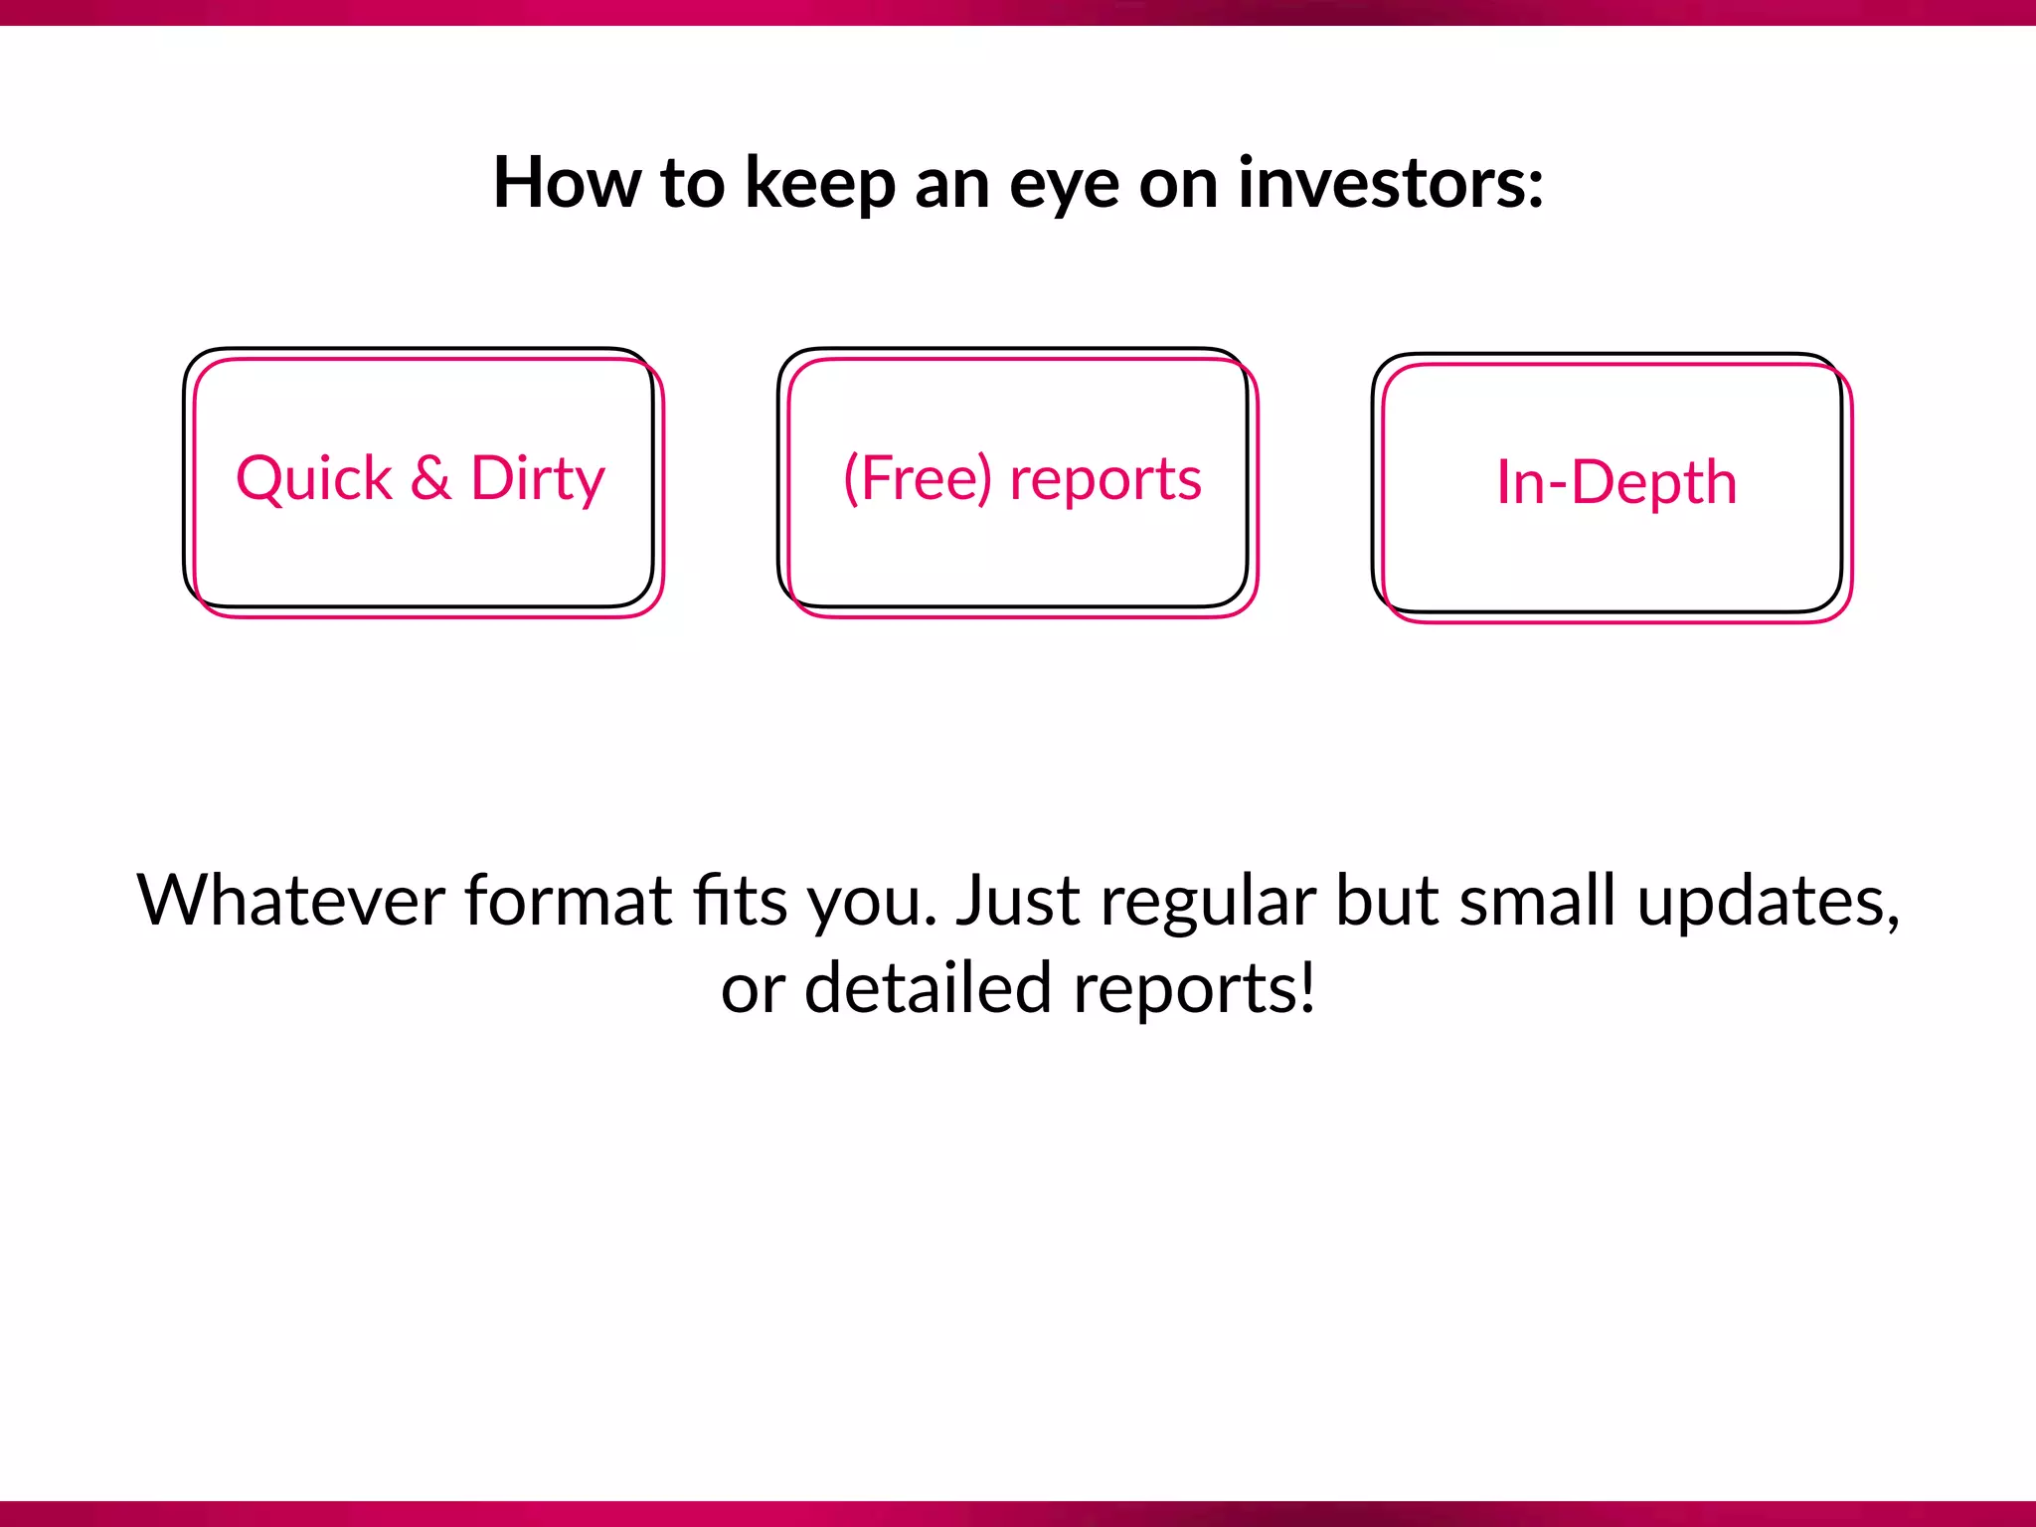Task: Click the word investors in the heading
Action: click(x=1382, y=184)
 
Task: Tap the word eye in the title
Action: click(x=1064, y=189)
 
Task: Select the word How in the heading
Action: click(x=568, y=184)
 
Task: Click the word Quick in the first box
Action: click(x=314, y=479)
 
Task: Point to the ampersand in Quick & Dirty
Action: click(x=430, y=478)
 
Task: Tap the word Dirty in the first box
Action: click(x=538, y=479)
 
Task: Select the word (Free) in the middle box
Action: click(x=918, y=479)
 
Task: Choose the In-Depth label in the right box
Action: click(x=1616, y=483)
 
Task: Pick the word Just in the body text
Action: click(x=1017, y=901)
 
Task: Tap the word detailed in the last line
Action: click(x=928, y=988)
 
